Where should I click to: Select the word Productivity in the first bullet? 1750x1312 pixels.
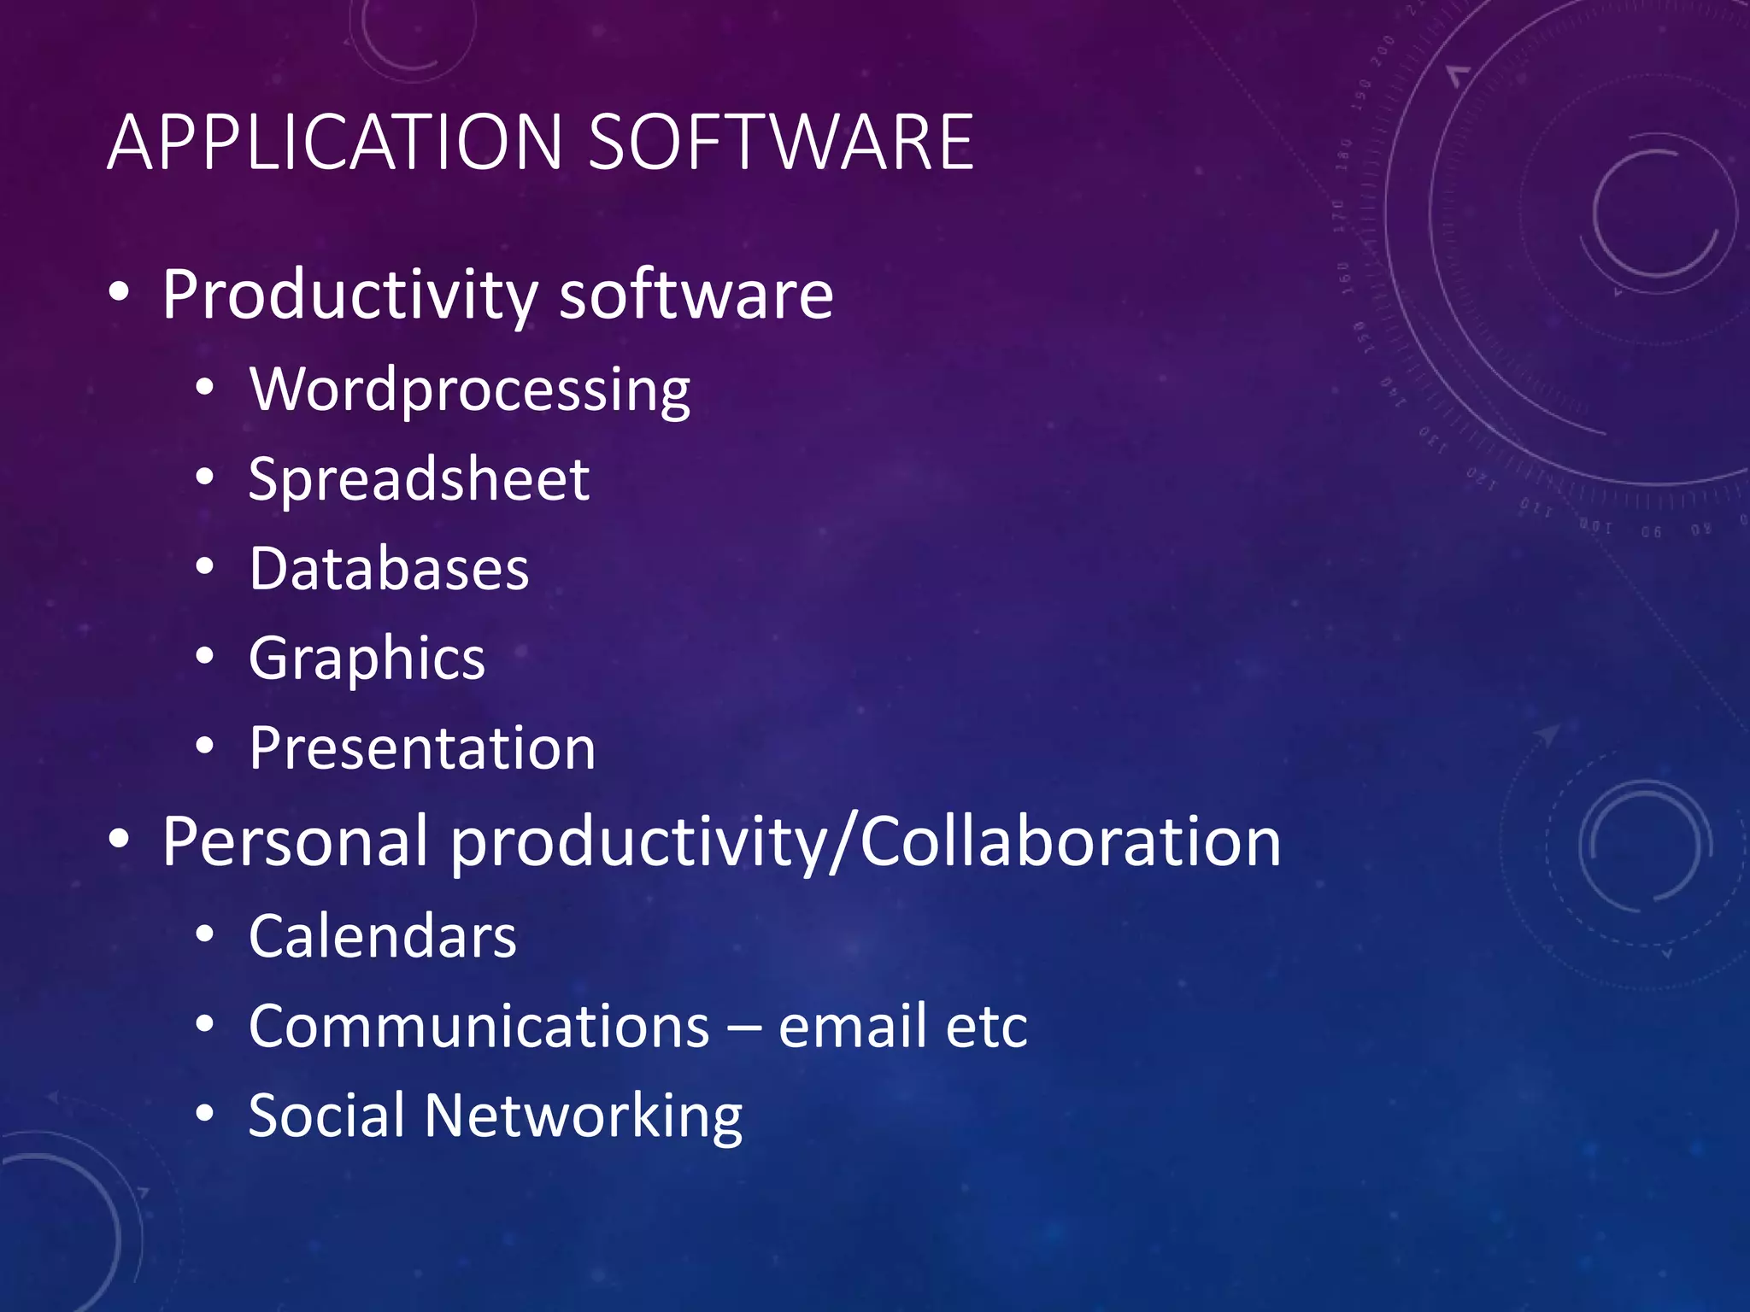point(349,296)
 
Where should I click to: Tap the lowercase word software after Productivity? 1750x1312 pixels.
point(696,296)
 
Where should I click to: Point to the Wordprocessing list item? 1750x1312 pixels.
point(469,390)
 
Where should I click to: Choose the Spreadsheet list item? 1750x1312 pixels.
point(419,479)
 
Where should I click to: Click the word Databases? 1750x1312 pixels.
point(389,569)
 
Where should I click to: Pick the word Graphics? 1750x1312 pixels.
point(367,659)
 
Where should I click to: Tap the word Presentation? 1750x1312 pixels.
point(422,749)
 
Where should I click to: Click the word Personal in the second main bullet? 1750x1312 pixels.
point(295,842)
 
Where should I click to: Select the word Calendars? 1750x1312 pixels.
point(382,937)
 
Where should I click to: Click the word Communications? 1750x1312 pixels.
point(479,1027)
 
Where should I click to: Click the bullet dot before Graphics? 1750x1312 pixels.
point(204,658)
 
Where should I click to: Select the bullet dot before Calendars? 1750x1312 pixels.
point(204,936)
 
